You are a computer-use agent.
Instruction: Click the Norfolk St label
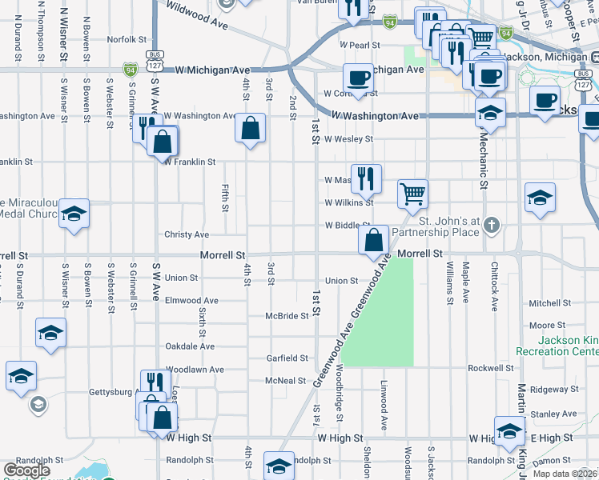tap(127, 38)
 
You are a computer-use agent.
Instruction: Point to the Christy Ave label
tap(186, 234)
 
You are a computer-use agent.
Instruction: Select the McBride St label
tap(287, 316)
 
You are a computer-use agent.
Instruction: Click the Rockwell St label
tap(490, 368)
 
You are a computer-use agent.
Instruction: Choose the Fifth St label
tap(225, 198)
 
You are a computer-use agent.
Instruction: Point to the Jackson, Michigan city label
tap(550, 57)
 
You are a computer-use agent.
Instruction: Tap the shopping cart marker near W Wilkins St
tap(412, 192)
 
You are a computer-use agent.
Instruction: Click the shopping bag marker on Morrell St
tap(373, 239)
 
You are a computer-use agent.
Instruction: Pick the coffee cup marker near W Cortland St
tap(358, 78)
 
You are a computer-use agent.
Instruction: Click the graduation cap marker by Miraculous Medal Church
tap(74, 213)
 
